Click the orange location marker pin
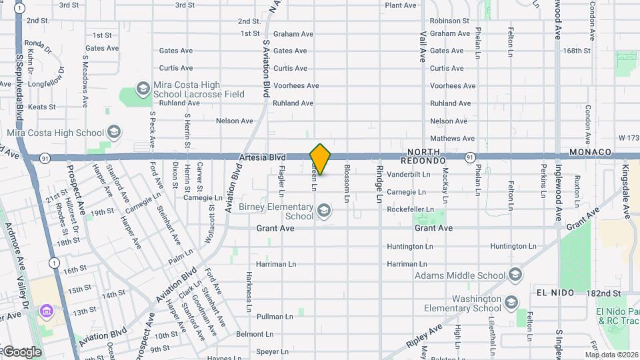click(320, 159)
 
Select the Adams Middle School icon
click(515, 275)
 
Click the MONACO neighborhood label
click(590, 153)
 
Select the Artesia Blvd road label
click(262, 157)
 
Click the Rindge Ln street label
click(379, 184)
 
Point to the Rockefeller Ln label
click(411, 209)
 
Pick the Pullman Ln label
click(274, 317)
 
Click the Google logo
click(22, 352)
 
